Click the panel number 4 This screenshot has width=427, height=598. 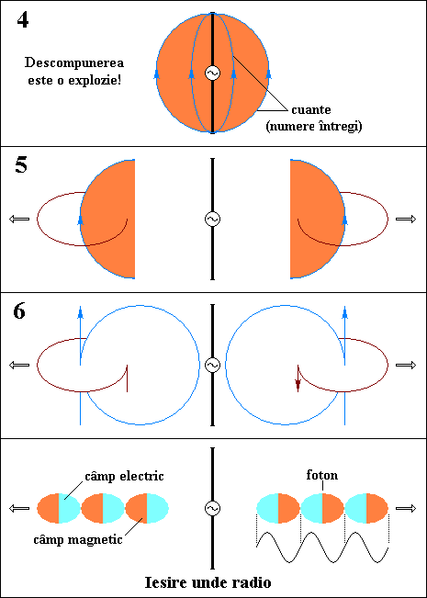[22, 21]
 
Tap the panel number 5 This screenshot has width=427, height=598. [21, 165]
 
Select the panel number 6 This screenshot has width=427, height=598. [19, 312]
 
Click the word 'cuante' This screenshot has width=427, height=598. [311, 110]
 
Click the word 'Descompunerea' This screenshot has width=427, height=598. [74, 63]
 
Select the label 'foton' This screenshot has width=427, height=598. [322, 476]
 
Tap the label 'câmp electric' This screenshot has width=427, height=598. [124, 477]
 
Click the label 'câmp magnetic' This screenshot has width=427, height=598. [78, 539]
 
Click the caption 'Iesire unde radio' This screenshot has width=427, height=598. [208, 582]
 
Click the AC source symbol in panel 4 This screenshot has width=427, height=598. [212, 73]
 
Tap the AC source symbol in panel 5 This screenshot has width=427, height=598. [212, 219]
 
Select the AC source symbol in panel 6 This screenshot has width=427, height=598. [212, 365]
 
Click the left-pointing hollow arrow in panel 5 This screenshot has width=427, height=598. [19, 219]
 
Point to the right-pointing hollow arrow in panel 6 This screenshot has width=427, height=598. [406, 366]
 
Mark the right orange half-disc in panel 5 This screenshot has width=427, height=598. [318, 219]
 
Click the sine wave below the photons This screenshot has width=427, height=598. [322, 547]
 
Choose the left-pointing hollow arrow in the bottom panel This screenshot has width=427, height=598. [19, 508]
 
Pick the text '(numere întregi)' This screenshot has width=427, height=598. [313, 126]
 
